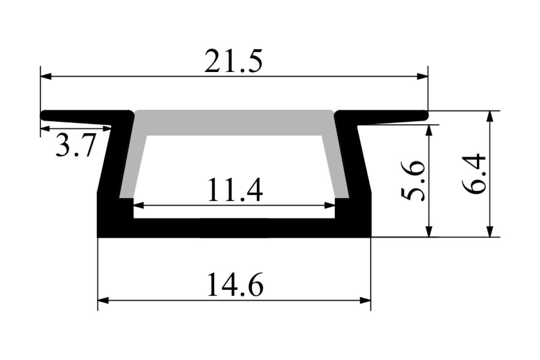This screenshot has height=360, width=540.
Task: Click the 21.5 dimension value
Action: point(233,61)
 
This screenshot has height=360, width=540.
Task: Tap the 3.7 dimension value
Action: point(76,145)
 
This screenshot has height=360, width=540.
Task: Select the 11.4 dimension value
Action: point(235,190)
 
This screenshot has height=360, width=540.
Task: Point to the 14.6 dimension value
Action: point(235,284)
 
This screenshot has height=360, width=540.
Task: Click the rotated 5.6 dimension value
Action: point(413,181)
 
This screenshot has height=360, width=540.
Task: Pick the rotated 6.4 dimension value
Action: point(473,174)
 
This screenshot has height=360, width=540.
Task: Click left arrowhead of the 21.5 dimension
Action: point(46,76)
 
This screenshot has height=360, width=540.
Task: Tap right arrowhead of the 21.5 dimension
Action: point(423,76)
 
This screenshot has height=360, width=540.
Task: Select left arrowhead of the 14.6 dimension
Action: point(103,301)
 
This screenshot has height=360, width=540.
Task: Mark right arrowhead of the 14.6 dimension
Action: point(365,301)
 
